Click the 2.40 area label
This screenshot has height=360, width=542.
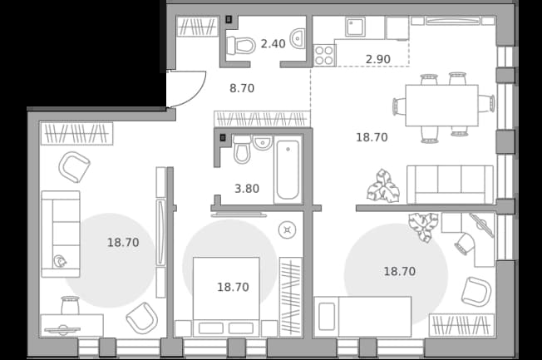(273, 44)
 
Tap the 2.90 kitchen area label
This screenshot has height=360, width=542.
(378, 59)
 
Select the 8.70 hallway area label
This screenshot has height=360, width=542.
(242, 88)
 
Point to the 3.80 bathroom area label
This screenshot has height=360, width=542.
(247, 189)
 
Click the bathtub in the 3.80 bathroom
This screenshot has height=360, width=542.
(288, 170)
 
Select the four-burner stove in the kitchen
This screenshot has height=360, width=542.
(324, 56)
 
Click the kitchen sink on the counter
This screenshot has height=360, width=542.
(355, 27)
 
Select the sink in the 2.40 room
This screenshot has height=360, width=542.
(298, 38)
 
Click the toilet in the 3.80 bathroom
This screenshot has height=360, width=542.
(242, 150)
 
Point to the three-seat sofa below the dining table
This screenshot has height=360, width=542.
(450, 185)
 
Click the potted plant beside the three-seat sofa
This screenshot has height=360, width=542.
(383, 186)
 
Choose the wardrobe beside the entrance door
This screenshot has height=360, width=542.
(197, 27)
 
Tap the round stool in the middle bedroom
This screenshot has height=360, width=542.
(288, 230)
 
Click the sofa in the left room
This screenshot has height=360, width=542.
(61, 234)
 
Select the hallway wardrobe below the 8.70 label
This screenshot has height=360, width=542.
(262, 119)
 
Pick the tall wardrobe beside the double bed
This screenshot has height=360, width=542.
(291, 297)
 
